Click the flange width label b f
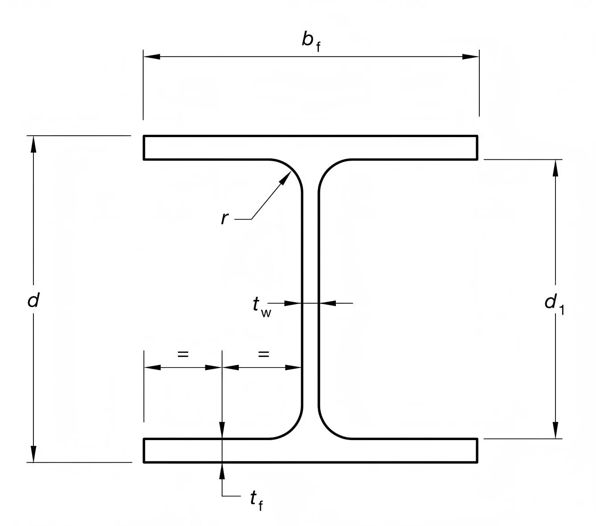point(310,41)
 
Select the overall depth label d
point(33,301)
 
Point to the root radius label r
point(225,218)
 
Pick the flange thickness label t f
point(256,500)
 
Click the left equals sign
point(183,354)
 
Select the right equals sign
point(264,354)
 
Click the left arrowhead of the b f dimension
point(151,57)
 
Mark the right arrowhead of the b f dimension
point(470,57)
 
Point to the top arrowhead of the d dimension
point(33,144)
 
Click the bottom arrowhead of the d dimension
point(33,454)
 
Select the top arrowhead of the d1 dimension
point(555,167)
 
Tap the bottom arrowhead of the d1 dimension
point(555,430)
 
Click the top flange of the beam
point(310,147)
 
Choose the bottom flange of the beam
point(310,450)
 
